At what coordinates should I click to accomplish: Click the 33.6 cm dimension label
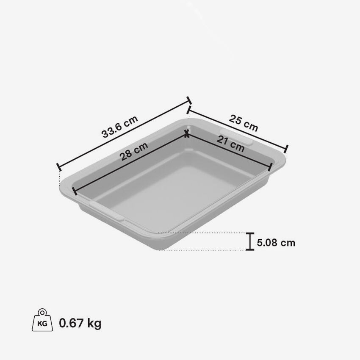pyautogui.click(x=119, y=127)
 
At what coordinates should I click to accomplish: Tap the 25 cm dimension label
pyautogui.click(x=244, y=123)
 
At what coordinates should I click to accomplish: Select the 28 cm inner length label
pyautogui.click(x=133, y=151)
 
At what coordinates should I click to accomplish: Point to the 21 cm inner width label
pyautogui.click(x=230, y=144)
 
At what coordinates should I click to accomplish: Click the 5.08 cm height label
pyautogui.click(x=276, y=243)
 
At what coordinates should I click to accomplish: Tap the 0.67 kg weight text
pyautogui.click(x=80, y=323)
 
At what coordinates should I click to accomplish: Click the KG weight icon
pyautogui.click(x=42, y=320)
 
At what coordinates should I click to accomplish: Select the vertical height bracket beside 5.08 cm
pyautogui.click(x=250, y=241)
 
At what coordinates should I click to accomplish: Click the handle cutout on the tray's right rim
pyautogui.click(x=236, y=137)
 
